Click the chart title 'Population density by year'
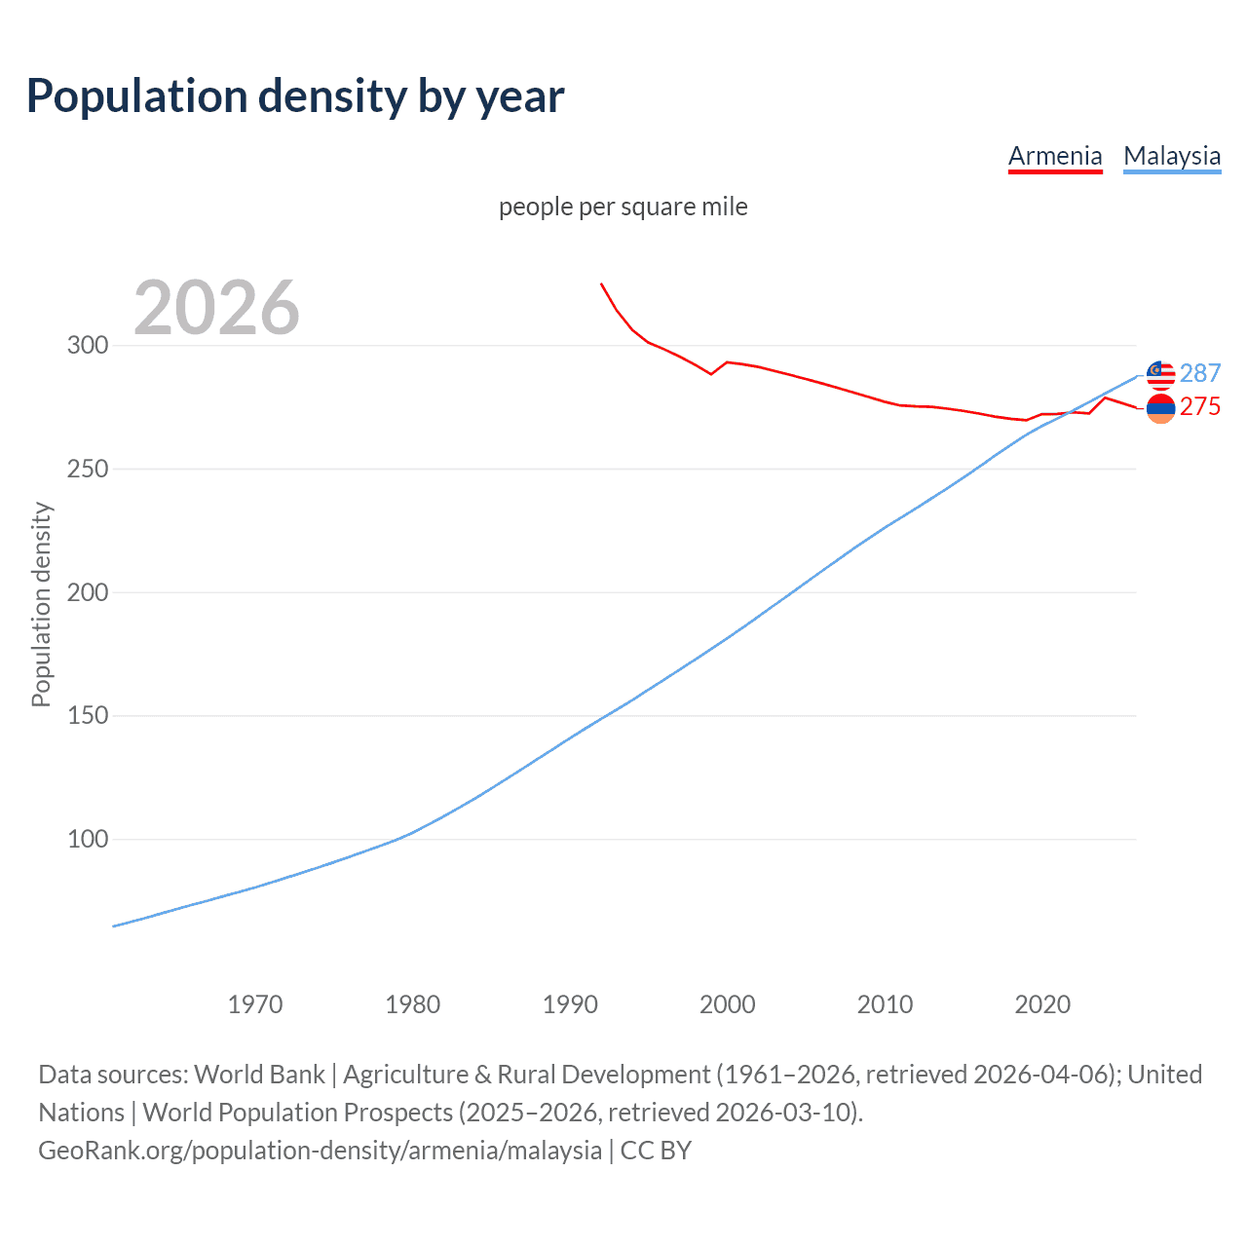pos(295,95)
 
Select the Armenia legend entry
pos(1055,156)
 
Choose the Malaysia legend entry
pos(1172,156)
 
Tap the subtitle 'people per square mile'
pos(623,207)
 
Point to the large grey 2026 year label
pos(216,308)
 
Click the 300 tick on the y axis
pos(88,346)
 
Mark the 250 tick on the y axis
pos(88,469)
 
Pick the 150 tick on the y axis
pos(88,716)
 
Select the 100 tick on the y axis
pos(88,839)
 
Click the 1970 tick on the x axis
pos(255,1004)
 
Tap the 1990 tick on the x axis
pos(570,1004)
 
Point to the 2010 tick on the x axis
pos(885,1004)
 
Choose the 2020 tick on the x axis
pos(1042,1004)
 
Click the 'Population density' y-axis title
pos(41,604)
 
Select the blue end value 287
pos(1200,373)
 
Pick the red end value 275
pos(1200,406)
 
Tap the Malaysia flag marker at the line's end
pos(1160,375)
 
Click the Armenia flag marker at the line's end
pos(1160,409)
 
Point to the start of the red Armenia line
pos(601,283)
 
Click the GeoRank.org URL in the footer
pos(321,1151)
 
